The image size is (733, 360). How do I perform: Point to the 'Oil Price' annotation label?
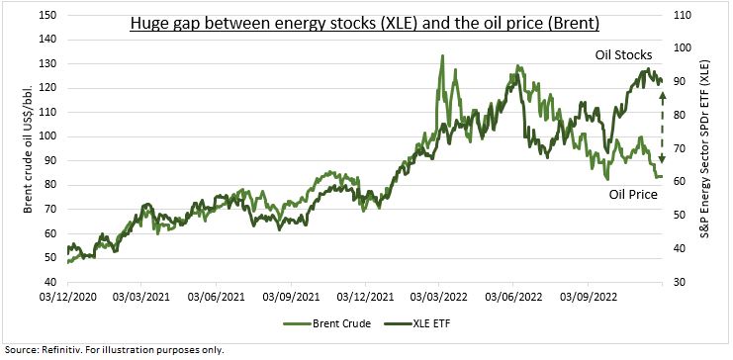[x=632, y=194]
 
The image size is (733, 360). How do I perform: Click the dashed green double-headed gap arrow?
[x=663, y=126]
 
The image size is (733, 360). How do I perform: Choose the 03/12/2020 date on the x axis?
[x=67, y=296]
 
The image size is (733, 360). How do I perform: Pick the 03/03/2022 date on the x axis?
[x=441, y=296]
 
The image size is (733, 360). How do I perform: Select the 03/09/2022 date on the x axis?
[x=591, y=296]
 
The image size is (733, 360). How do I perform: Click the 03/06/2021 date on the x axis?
[x=217, y=296]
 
